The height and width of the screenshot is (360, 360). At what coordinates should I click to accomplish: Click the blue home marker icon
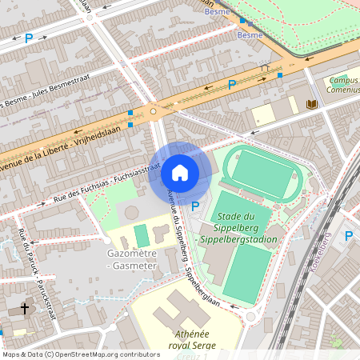click(x=180, y=173)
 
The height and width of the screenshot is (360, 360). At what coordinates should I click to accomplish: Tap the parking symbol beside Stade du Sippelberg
click(x=196, y=206)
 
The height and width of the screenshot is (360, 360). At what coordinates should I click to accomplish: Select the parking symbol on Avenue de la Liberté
click(x=232, y=84)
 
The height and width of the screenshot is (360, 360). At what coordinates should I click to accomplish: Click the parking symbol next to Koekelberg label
click(x=348, y=235)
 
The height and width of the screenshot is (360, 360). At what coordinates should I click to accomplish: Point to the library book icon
click(x=311, y=105)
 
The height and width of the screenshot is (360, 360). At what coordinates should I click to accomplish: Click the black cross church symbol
click(x=24, y=308)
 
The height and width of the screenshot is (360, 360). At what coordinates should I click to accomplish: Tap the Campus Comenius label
click(x=342, y=86)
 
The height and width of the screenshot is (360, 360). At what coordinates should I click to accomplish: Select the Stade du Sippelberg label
click(x=244, y=228)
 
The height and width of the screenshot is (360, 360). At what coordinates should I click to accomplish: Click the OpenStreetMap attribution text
click(x=81, y=354)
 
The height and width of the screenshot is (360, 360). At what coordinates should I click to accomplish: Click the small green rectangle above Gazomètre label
click(x=142, y=236)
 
